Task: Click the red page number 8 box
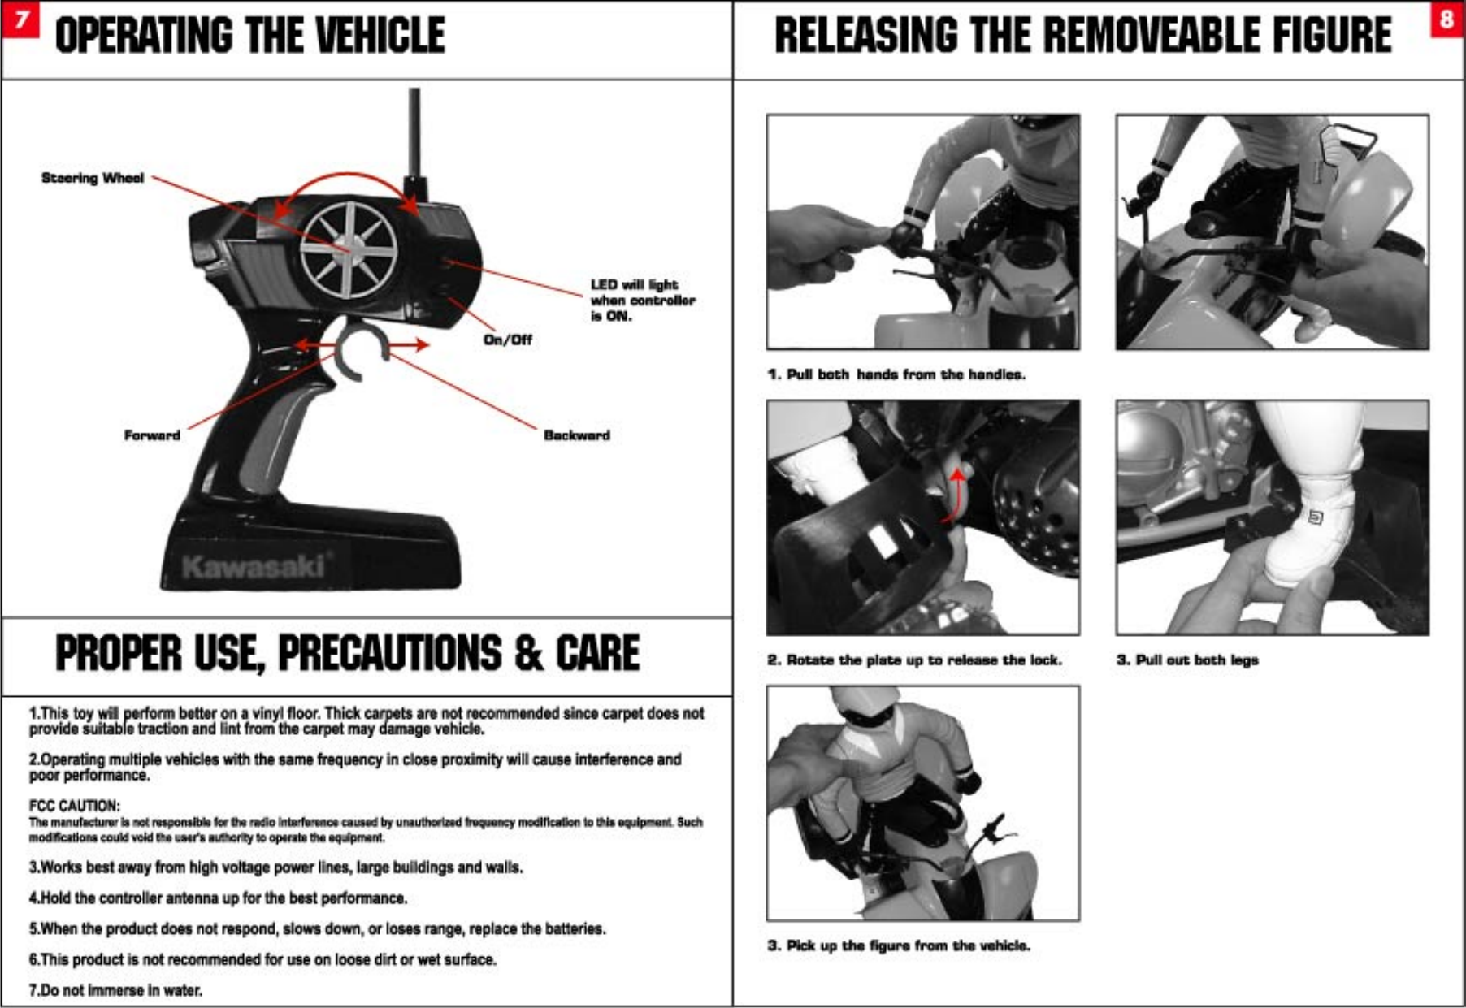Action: (x=1446, y=19)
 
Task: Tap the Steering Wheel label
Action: (x=93, y=178)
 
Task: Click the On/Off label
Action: (x=507, y=340)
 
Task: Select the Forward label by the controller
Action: (x=152, y=435)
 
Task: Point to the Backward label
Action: (x=576, y=435)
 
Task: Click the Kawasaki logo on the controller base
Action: (x=254, y=565)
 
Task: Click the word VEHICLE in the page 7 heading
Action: (x=380, y=36)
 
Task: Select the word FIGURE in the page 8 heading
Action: (x=1331, y=36)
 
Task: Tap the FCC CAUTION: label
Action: (x=75, y=806)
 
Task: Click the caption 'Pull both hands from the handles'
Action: (x=897, y=374)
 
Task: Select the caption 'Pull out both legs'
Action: (x=1187, y=660)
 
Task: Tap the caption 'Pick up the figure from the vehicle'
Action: (x=899, y=945)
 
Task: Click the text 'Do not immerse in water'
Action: (x=115, y=990)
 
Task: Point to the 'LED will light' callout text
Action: (x=642, y=300)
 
